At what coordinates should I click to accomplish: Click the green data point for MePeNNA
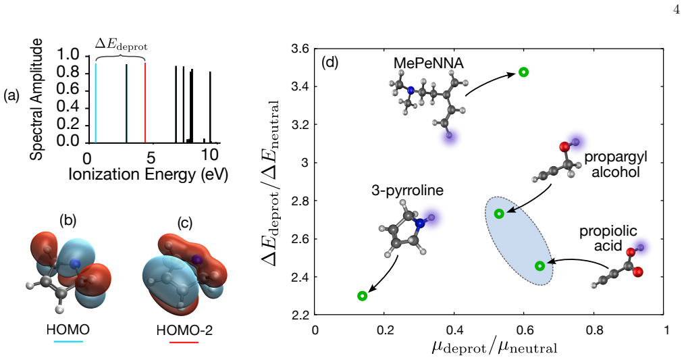(x=523, y=72)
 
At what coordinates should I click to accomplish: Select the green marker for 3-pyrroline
(x=362, y=296)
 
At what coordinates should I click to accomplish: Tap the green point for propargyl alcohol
(x=499, y=213)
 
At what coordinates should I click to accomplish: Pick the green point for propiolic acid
(x=540, y=265)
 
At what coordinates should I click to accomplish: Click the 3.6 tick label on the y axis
(x=300, y=49)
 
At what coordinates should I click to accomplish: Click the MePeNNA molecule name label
(x=428, y=63)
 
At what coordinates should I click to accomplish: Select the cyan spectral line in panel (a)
(x=95, y=103)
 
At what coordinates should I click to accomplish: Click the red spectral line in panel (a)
(x=145, y=103)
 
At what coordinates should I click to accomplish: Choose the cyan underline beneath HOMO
(x=68, y=341)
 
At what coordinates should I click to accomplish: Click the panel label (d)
(x=330, y=62)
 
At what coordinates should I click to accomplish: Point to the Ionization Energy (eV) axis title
(x=149, y=174)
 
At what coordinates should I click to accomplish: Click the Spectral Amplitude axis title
(x=38, y=99)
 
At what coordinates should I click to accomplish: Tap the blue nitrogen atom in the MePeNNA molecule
(x=411, y=91)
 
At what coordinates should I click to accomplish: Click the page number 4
(x=676, y=10)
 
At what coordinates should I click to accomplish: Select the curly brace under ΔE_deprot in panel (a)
(x=120, y=58)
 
